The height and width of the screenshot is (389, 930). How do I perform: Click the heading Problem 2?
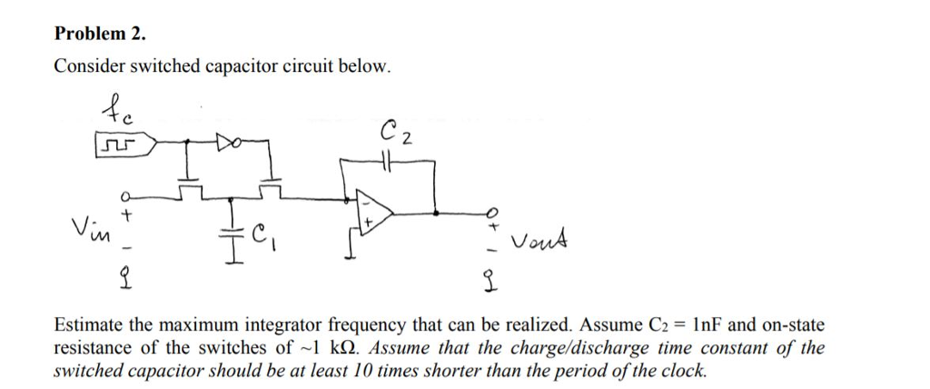[99, 34]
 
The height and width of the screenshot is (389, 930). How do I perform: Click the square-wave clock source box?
[120, 144]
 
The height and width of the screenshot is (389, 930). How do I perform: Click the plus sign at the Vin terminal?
[128, 216]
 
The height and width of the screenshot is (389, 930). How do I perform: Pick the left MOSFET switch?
[192, 187]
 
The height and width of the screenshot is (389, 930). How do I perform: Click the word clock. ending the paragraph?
[683, 371]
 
